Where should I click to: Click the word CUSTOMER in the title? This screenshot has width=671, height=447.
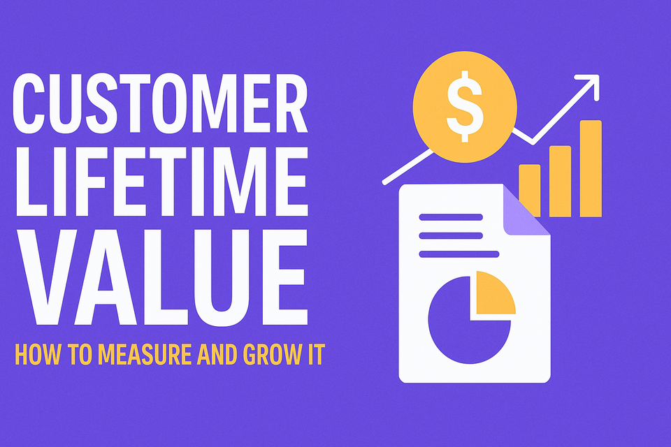point(159,107)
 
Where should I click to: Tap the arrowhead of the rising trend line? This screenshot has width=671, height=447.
point(591,85)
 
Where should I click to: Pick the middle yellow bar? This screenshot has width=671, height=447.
point(560,179)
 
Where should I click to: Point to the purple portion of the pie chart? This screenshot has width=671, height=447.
point(458,328)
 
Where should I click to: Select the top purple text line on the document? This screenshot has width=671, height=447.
point(450,217)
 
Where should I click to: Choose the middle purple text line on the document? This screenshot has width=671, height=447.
point(450,235)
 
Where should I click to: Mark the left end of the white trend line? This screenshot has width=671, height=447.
point(385,182)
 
